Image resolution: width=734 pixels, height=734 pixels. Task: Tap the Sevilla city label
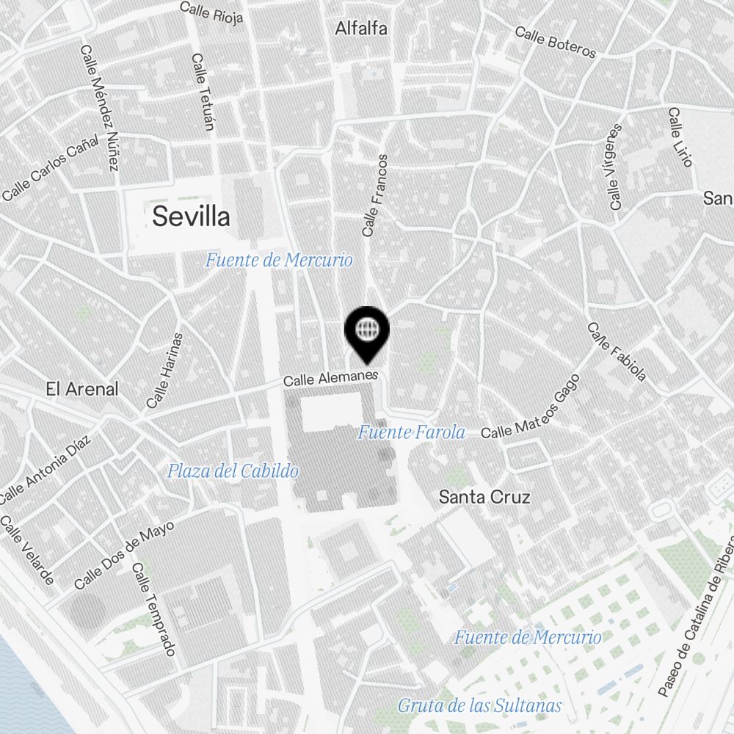pos(191,217)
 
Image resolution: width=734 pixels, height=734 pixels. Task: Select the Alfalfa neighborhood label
pos(361,29)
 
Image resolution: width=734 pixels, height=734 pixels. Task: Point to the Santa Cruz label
pos(484,497)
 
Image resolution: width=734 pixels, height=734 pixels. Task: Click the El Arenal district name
pos(81,389)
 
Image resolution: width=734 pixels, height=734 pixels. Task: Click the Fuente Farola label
pos(411,432)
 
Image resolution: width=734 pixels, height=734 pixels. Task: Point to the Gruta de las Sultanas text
pos(480,706)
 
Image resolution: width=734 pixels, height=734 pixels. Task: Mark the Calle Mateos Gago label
pos(531,407)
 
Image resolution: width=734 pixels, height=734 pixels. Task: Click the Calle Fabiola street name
pos(617,352)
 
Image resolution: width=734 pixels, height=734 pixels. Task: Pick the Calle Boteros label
pos(555,42)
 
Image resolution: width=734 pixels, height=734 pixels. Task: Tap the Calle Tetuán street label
pos(202,92)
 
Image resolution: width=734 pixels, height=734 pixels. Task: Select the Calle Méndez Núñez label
pos(99,108)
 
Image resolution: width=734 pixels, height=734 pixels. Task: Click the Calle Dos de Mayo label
pos(124,556)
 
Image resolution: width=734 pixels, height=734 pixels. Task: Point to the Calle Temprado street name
pos(154,609)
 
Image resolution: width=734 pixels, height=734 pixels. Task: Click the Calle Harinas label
pos(164,371)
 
